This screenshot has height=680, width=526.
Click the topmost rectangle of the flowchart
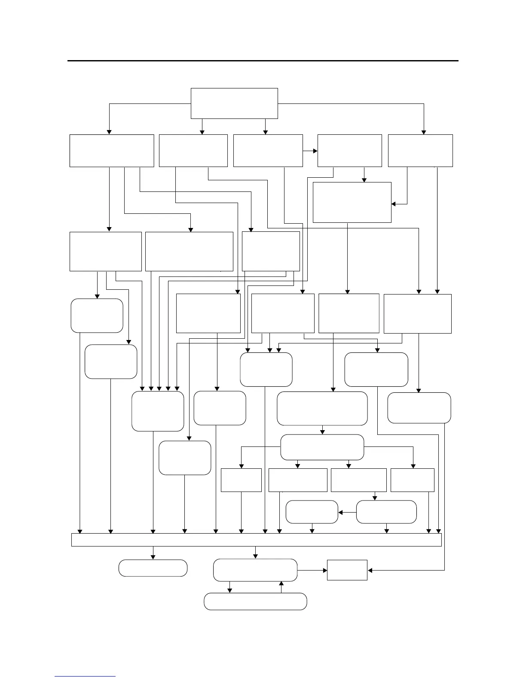click(x=234, y=103)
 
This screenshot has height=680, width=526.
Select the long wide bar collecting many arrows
click(x=256, y=540)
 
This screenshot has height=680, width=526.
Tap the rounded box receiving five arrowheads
click(x=158, y=411)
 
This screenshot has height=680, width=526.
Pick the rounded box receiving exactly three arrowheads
click(x=266, y=370)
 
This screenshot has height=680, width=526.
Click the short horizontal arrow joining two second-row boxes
click(x=310, y=151)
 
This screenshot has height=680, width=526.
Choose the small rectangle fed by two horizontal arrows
click(x=347, y=570)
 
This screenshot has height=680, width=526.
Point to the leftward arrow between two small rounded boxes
click(x=347, y=512)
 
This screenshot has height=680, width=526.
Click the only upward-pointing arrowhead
click(x=281, y=584)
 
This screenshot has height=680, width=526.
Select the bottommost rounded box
click(x=255, y=601)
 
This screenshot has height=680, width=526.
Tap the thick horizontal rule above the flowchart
click(x=263, y=61)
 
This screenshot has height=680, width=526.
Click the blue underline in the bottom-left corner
click(x=85, y=676)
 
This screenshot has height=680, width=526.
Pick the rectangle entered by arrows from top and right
click(x=352, y=202)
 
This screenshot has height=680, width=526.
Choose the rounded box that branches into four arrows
click(x=322, y=447)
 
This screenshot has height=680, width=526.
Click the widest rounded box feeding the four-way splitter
click(x=322, y=408)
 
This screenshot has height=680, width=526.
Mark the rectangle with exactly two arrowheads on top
click(x=417, y=313)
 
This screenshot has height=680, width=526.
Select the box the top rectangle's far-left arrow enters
click(x=112, y=151)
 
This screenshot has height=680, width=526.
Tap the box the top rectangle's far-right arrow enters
click(x=420, y=151)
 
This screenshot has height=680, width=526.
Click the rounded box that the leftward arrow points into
click(x=312, y=512)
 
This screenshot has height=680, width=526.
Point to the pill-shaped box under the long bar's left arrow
click(x=153, y=568)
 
